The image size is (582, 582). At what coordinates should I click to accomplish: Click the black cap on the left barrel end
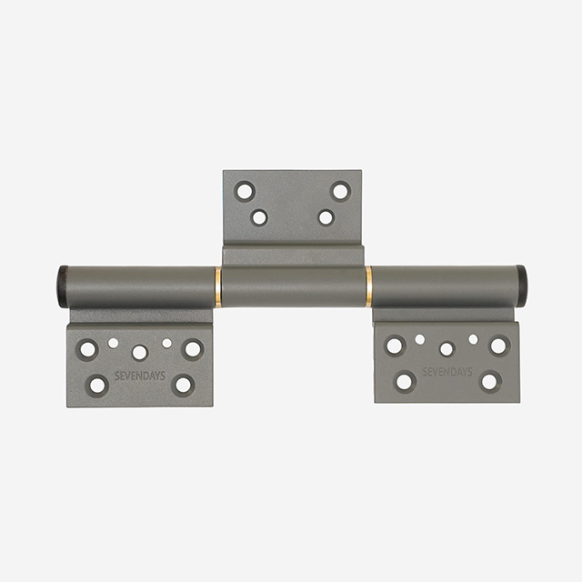tap(63, 286)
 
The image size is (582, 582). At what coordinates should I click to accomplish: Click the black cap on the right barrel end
tap(520, 286)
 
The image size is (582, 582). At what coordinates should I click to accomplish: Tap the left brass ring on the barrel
tap(218, 287)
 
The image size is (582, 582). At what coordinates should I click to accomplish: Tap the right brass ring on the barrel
tap(368, 286)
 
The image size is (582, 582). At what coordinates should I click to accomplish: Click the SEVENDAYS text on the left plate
tap(140, 376)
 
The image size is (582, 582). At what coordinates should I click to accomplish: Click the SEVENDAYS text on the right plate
tap(447, 372)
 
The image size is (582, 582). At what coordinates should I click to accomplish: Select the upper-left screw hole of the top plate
tap(245, 192)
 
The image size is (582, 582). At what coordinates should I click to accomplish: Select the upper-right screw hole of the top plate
tap(340, 191)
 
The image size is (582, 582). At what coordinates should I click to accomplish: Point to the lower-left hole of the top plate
tap(259, 217)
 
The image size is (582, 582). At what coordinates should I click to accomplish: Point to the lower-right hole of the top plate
tap(326, 217)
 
